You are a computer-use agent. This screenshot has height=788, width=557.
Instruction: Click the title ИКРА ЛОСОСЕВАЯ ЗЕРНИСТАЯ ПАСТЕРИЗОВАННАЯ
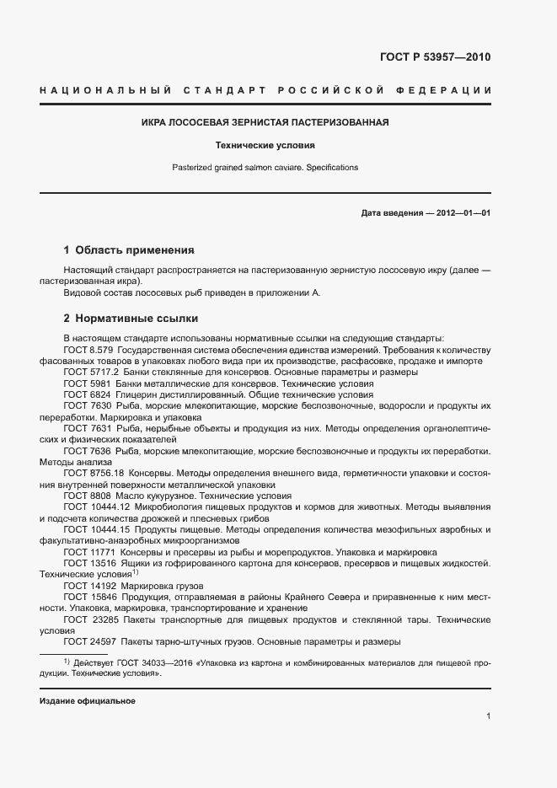click(x=265, y=122)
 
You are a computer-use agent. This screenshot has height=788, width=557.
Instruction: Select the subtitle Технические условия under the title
click(x=265, y=145)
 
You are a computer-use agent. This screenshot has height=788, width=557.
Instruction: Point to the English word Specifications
click(x=329, y=168)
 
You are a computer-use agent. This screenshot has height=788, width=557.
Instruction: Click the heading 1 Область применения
click(x=129, y=250)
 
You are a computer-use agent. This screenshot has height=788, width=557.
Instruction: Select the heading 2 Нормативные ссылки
click(x=131, y=319)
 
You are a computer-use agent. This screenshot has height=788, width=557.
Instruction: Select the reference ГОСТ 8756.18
click(x=92, y=473)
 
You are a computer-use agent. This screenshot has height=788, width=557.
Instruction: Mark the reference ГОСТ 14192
click(x=88, y=585)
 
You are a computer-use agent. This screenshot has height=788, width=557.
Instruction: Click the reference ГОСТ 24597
click(x=88, y=641)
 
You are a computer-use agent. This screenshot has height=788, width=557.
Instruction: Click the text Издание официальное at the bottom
click(x=87, y=701)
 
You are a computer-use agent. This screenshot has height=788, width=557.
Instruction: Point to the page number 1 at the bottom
click(x=488, y=716)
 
